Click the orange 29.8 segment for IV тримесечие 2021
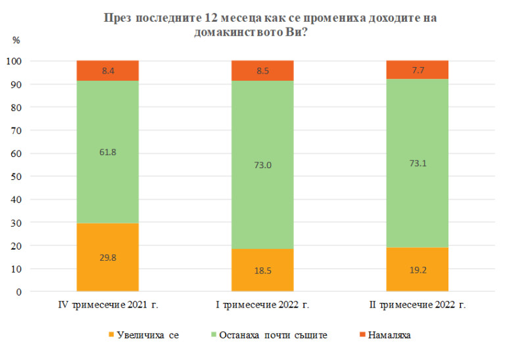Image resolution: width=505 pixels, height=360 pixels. (x=107, y=257)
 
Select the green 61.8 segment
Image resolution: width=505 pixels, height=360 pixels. (x=107, y=152)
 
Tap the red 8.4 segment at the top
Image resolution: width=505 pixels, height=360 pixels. (x=107, y=70)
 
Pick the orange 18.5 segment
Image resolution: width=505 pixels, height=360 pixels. (x=262, y=270)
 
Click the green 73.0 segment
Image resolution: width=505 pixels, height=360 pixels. (x=262, y=165)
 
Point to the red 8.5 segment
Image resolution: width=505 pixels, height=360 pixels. (x=262, y=70)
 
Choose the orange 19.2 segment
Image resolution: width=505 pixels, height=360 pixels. (x=417, y=269)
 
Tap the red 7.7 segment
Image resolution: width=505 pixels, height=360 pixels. (x=417, y=70)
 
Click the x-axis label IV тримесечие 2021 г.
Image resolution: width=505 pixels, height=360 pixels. (x=107, y=305)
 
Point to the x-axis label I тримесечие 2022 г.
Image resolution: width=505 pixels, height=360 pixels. (x=262, y=305)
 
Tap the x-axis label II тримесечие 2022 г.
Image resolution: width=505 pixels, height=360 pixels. (x=417, y=305)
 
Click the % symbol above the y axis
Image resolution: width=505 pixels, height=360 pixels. (x=16, y=40)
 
